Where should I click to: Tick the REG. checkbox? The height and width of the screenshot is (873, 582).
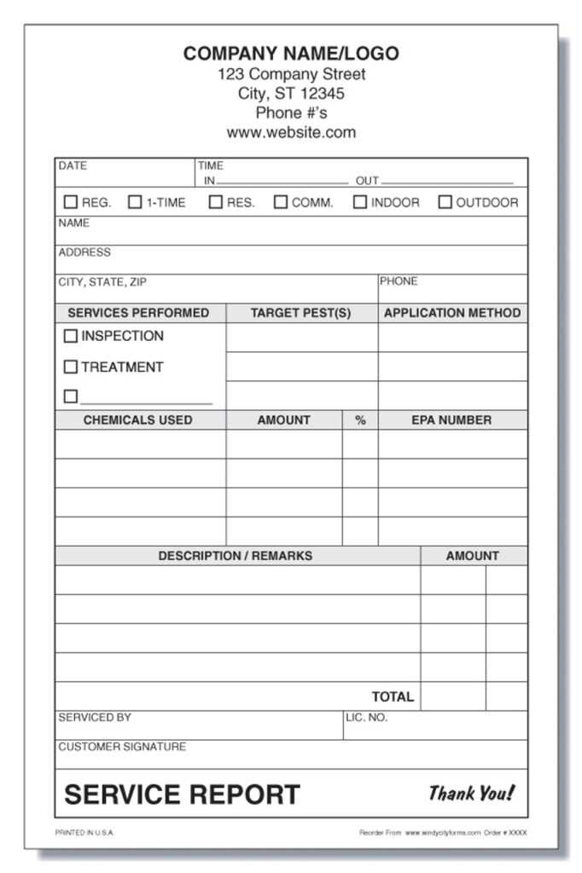[71, 203]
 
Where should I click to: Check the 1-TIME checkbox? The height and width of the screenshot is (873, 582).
[135, 203]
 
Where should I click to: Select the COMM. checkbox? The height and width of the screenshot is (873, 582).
[281, 203]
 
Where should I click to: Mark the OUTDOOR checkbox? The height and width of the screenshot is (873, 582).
[445, 203]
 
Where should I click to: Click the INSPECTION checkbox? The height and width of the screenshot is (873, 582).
[71, 337]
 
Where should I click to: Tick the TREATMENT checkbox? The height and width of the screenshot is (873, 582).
[71, 367]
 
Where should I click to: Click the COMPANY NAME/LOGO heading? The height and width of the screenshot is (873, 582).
[291, 54]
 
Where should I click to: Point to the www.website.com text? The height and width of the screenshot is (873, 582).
[291, 132]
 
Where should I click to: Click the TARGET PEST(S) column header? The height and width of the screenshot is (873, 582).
[300, 313]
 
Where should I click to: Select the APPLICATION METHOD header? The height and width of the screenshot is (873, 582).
[452, 313]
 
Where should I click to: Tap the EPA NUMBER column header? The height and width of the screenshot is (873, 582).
[451, 420]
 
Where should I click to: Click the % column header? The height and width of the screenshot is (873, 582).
[360, 420]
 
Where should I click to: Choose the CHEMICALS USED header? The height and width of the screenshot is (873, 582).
[138, 420]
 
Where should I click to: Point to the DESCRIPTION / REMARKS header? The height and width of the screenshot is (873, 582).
[236, 556]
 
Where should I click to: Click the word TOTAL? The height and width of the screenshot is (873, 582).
[393, 697]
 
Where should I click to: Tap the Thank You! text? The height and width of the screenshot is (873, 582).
[472, 794]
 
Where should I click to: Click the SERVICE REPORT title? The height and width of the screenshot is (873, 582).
[183, 795]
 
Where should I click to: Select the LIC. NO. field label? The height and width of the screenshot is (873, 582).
[366, 718]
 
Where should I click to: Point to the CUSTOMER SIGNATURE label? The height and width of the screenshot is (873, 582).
[122, 747]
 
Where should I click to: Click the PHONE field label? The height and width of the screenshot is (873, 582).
[399, 281]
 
